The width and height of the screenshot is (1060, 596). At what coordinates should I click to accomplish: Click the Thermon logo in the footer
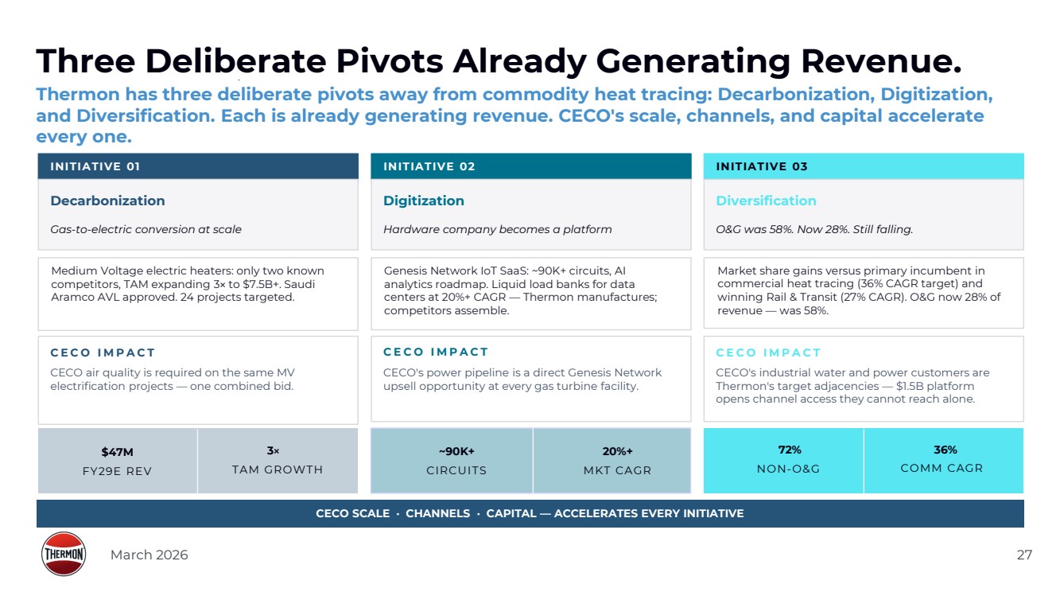click(63, 554)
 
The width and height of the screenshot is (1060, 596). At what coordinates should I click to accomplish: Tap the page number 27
click(1024, 555)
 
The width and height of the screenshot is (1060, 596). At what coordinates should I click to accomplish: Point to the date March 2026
click(149, 555)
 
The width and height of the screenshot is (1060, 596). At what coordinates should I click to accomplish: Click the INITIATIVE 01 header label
click(95, 166)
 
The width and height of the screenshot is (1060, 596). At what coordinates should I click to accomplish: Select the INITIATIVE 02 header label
click(429, 166)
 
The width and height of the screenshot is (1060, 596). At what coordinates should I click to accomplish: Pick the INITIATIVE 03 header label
click(761, 166)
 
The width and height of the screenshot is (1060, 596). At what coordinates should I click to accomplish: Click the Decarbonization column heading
click(107, 201)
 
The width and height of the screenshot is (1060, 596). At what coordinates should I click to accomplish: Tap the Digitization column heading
click(423, 201)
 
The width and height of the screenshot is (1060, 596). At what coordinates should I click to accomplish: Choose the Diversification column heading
click(766, 201)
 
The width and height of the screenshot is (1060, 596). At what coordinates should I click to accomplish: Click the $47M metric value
click(117, 452)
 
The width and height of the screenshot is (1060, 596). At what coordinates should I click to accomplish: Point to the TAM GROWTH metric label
click(277, 469)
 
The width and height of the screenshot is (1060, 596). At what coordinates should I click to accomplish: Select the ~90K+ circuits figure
click(456, 451)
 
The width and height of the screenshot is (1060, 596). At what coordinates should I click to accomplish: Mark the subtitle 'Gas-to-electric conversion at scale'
click(146, 229)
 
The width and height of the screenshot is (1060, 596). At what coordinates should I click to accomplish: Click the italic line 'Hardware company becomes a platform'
click(497, 229)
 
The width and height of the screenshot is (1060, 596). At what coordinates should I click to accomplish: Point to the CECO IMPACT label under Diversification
click(768, 353)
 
